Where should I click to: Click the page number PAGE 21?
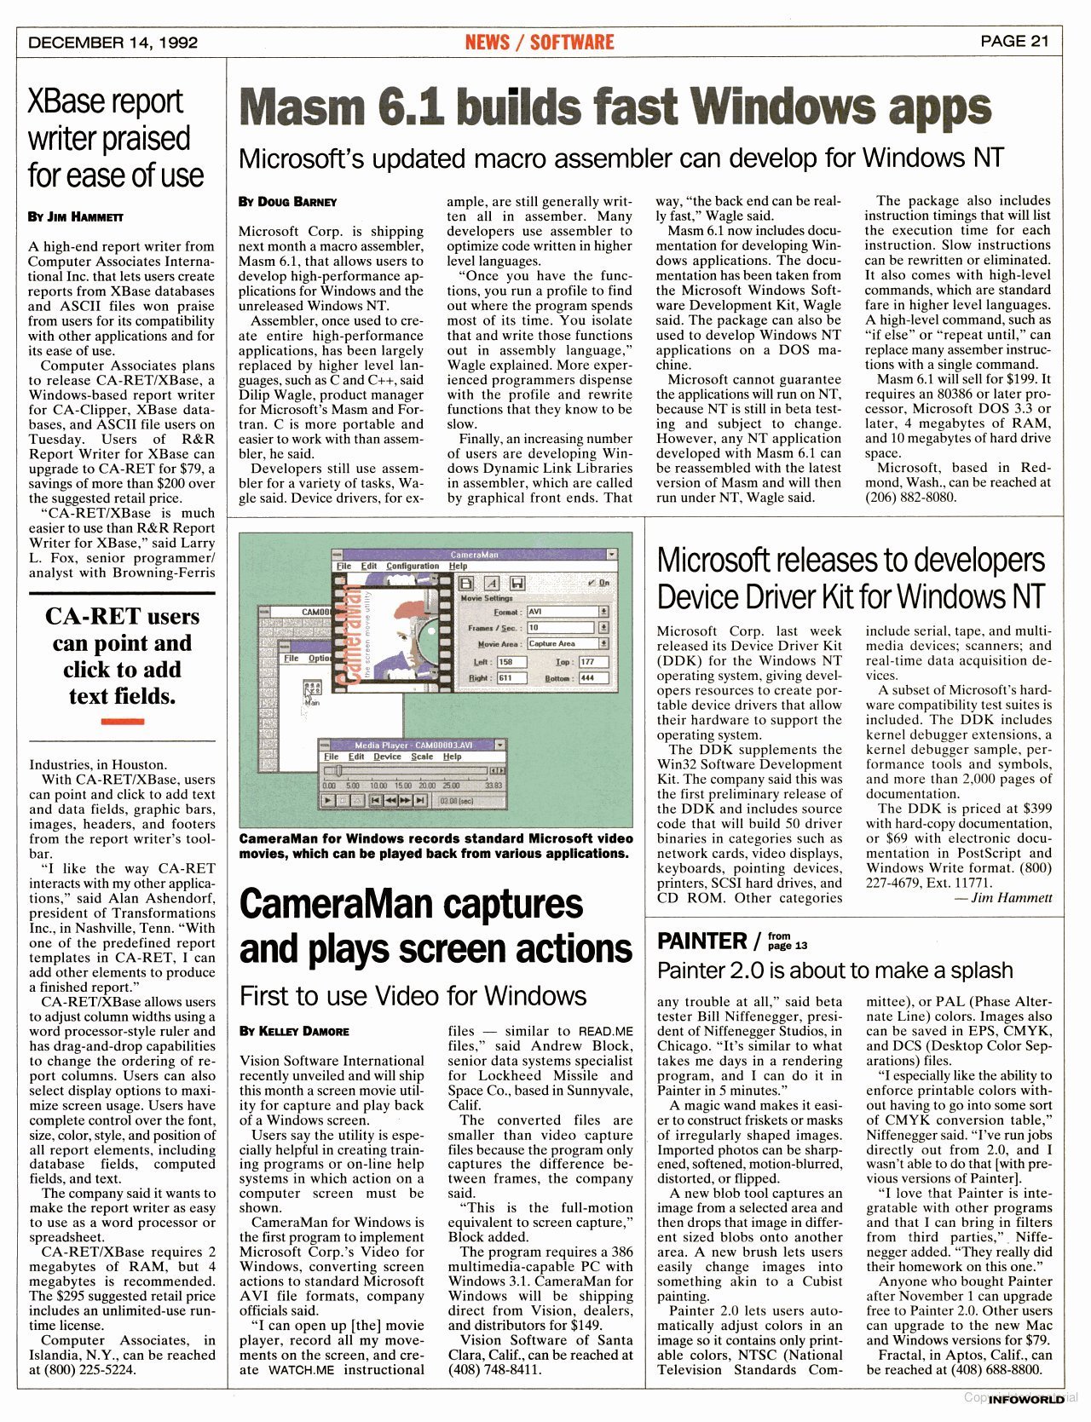(x=1014, y=41)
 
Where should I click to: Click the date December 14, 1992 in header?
(x=113, y=43)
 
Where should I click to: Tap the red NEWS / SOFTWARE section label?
(x=539, y=42)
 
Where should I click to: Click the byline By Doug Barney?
(x=287, y=202)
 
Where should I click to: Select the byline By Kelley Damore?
(x=294, y=1031)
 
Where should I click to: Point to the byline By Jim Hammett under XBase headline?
(x=76, y=216)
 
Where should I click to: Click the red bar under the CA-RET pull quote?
(x=122, y=722)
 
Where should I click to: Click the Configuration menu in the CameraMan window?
(x=413, y=566)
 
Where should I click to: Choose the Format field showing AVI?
(x=562, y=612)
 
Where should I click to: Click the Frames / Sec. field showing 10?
(x=562, y=627)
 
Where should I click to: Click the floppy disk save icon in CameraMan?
(x=517, y=584)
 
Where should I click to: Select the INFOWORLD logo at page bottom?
(x=1026, y=1401)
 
